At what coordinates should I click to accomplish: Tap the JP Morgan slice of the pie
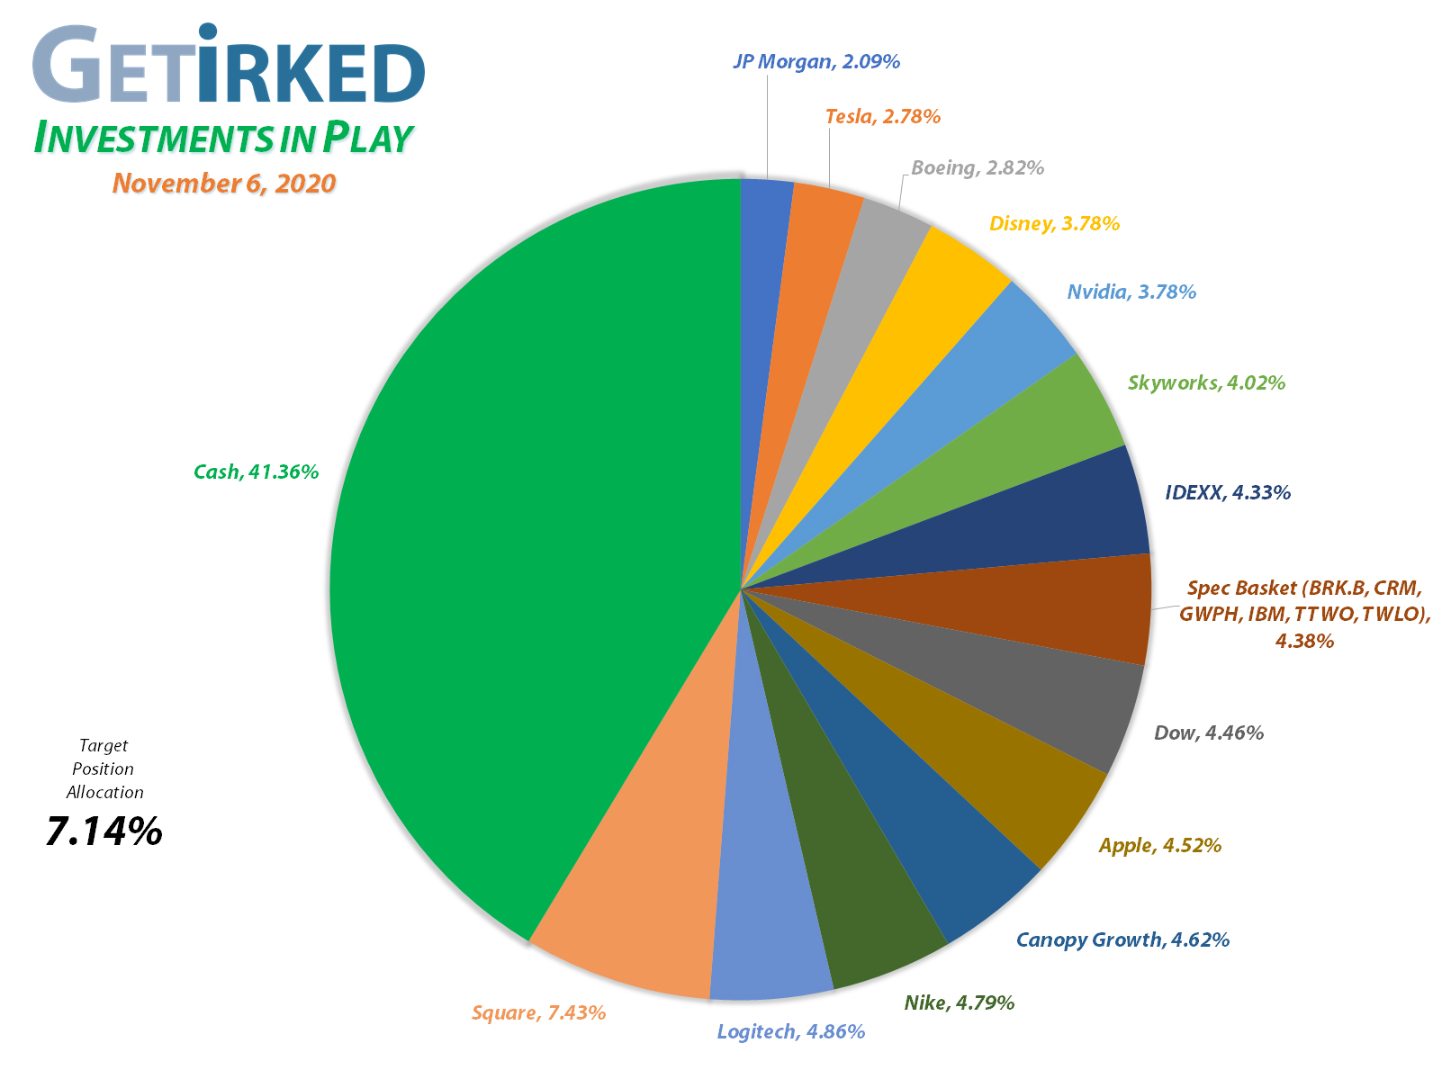(764, 270)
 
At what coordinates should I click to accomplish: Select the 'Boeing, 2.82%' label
(977, 167)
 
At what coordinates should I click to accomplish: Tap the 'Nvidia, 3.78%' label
(1131, 292)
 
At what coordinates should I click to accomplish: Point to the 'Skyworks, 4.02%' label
(1206, 382)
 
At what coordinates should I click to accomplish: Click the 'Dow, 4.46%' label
(1209, 733)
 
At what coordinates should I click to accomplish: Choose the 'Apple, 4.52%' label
(1160, 845)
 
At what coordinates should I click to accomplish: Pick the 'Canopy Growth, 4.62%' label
(1122, 940)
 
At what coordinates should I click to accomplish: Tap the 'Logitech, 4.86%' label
(790, 1031)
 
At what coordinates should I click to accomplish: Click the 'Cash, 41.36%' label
(257, 472)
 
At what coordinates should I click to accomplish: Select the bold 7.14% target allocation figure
(104, 832)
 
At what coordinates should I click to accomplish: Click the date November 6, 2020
(224, 184)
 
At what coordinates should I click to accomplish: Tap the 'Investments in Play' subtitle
(223, 139)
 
